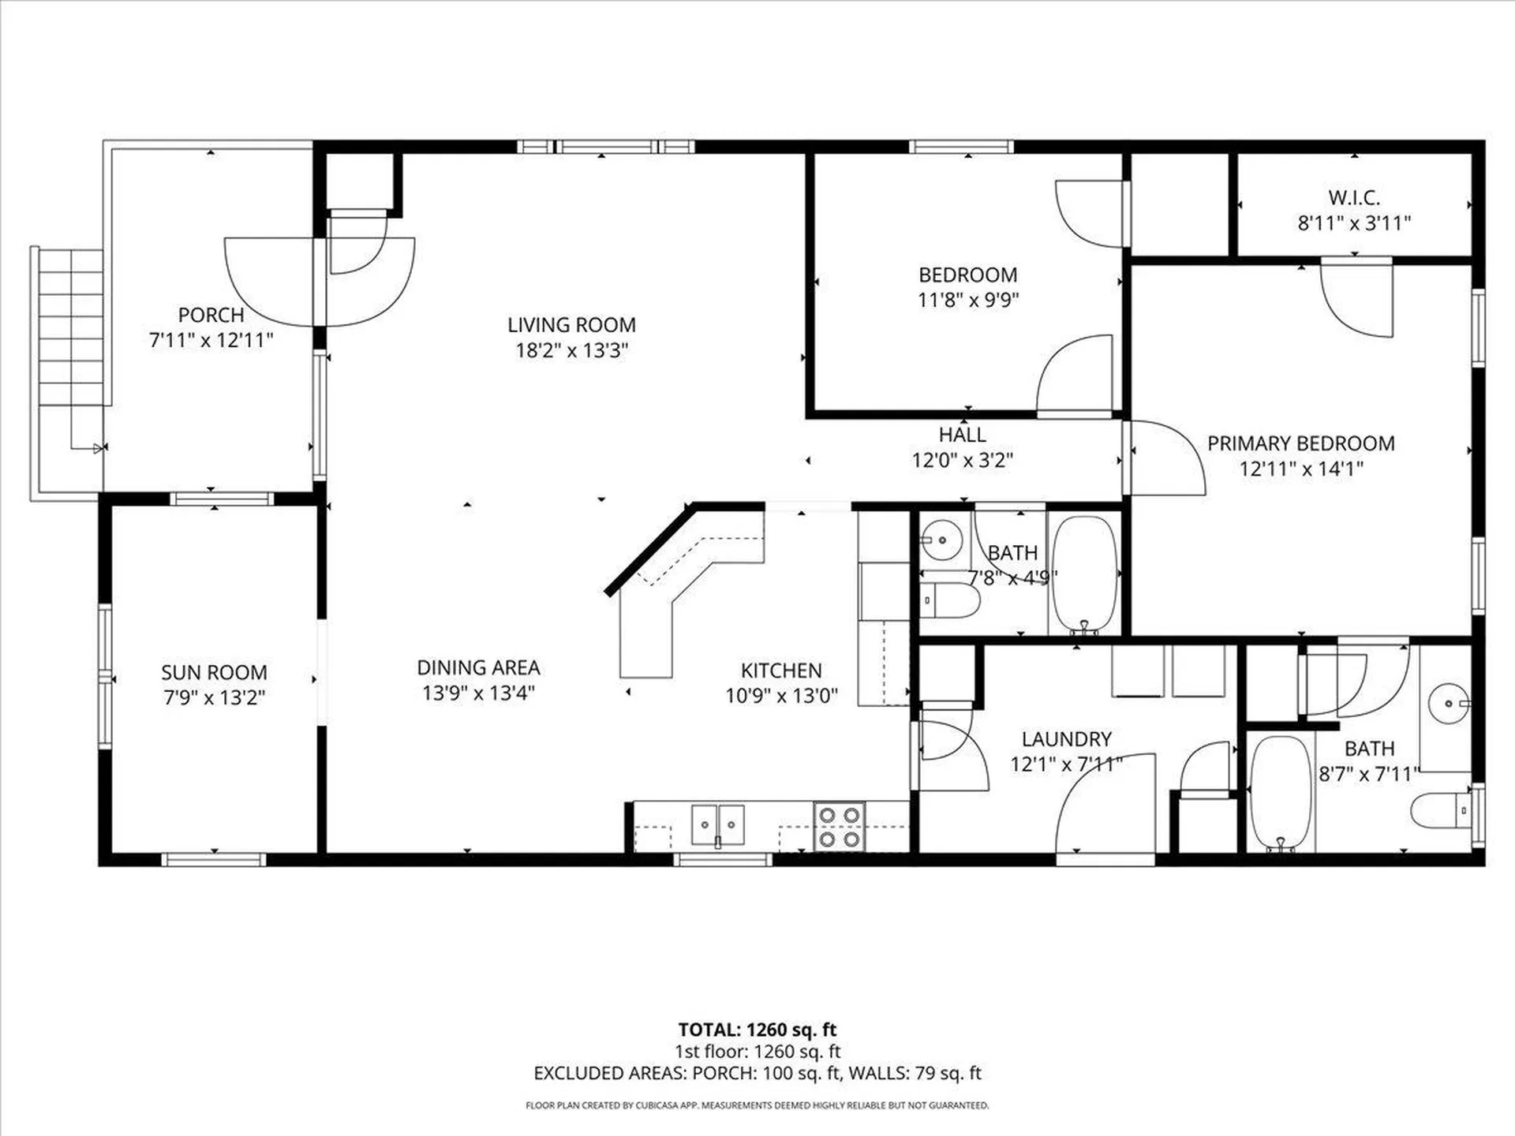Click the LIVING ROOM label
pyautogui.click(x=571, y=325)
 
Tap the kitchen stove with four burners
pyautogui.click(x=839, y=827)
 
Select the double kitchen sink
pyautogui.click(x=717, y=826)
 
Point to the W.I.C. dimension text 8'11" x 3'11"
pyautogui.click(x=1354, y=223)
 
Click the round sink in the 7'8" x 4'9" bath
pyautogui.click(x=941, y=540)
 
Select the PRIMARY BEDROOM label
pyautogui.click(x=1300, y=443)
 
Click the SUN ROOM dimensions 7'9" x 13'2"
pyautogui.click(x=214, y=698)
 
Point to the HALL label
pyautogui.click(x=962, y=435)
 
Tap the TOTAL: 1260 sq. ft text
pyautogui.click(x=757, y=1029)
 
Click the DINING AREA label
pyautogui.click(x=478, y=668)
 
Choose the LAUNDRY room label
pyautogui.click(x=1066, y=739)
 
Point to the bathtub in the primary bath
pyautogui.click(x=1280, y=793)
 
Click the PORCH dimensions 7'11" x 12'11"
pyautogui.click(x=211, y=341)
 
